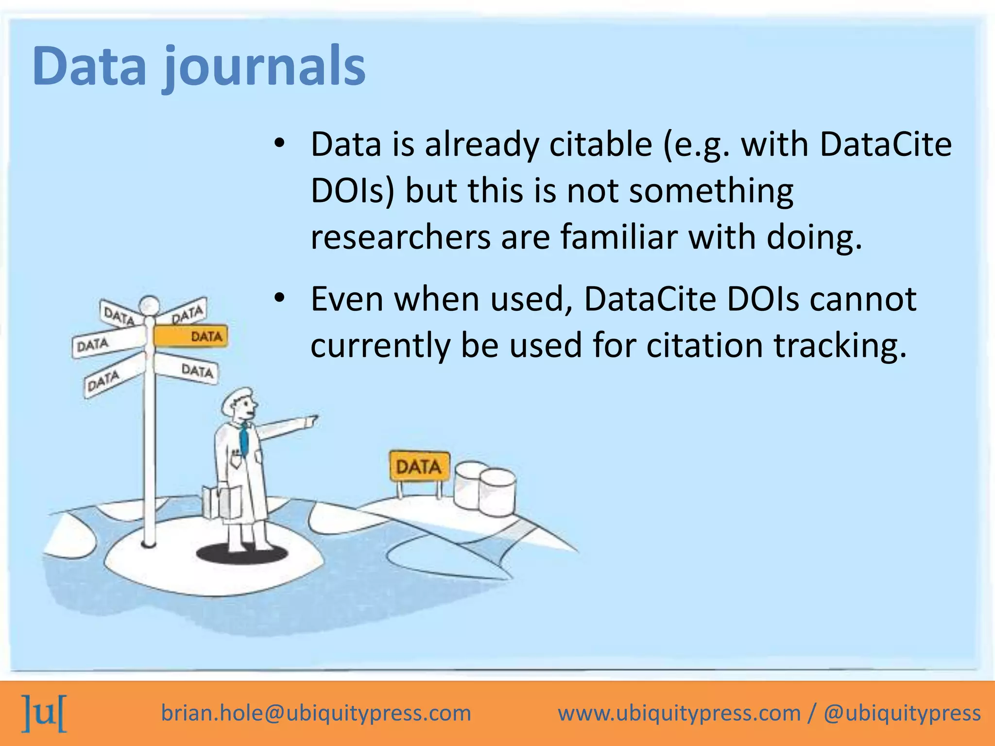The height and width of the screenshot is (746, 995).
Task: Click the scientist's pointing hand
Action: (x=311, y=421)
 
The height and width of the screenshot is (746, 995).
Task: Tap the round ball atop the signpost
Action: (x=149, y=306)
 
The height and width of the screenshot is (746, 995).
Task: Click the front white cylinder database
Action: (x=497, y=492)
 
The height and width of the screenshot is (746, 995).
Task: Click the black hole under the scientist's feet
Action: (x=241, y=554)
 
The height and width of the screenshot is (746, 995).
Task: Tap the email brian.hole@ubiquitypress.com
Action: (x=316, y=713)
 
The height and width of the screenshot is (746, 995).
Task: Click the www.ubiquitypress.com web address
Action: (x=679, y=713)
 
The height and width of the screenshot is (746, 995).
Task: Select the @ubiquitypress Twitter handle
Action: (x=902, y=713)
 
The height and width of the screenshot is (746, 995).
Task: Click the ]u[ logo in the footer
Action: (x=45, y=713)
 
